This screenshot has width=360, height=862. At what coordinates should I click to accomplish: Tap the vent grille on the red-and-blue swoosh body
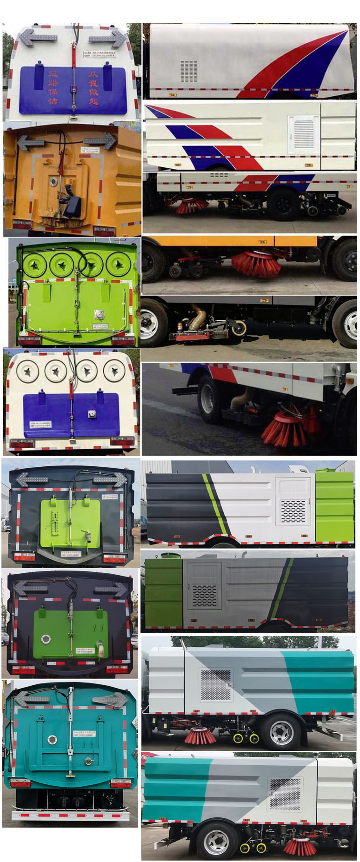189,71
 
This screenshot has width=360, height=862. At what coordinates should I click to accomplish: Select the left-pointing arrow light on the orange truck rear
31,142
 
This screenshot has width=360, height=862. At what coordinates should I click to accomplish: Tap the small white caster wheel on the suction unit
239,328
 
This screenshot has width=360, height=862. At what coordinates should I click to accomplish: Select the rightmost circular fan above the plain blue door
114,371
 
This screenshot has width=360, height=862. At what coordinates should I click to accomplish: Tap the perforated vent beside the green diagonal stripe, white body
293,511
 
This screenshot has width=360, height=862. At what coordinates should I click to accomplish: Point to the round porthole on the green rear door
46,639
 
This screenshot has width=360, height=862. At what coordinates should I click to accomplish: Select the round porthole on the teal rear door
52,739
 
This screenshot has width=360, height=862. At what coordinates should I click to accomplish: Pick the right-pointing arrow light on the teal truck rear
110,700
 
